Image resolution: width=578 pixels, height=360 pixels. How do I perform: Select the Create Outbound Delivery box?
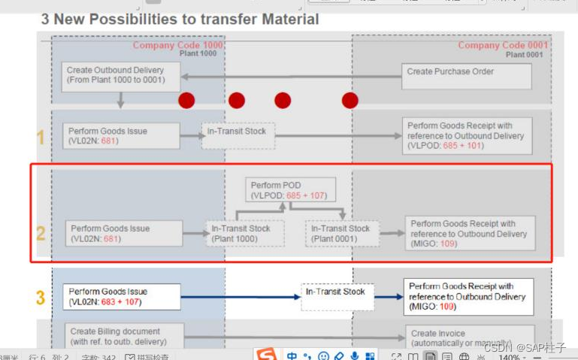(120, 76)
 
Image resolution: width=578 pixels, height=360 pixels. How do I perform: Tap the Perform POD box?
(290, 190)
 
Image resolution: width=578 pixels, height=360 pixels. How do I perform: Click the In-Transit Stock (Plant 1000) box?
(245, 233)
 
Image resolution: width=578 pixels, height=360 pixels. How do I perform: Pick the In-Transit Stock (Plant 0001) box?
(340, 233)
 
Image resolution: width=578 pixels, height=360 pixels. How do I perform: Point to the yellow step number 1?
(41, 137)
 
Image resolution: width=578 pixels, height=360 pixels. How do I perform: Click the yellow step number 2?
(41, 233)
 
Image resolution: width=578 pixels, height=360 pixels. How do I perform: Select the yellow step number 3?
(41, 298)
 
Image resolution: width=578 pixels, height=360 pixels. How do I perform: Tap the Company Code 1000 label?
(177, 45)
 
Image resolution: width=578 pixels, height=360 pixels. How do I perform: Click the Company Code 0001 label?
(503, 45)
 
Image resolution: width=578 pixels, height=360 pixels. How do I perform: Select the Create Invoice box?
(469, 337)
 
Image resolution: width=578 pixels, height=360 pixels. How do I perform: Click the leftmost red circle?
(186, 101)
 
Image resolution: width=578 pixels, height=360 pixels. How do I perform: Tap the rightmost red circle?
(350, 101)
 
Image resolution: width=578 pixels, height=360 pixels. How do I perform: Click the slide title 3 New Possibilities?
(180, 20)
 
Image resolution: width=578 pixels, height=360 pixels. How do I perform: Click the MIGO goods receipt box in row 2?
(470, 233)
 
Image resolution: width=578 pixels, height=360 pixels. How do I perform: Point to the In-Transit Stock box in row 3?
(337, 296)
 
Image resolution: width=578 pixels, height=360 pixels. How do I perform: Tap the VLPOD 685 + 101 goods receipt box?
(467, 136)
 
